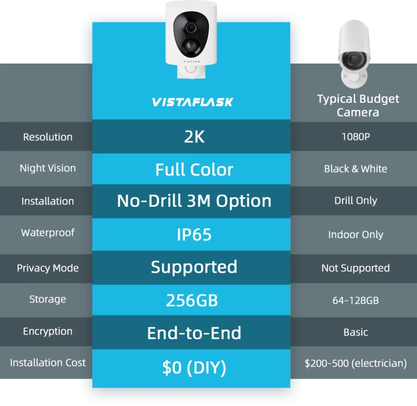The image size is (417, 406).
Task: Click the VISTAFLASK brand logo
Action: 192,102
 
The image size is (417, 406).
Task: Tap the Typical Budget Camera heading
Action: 358,105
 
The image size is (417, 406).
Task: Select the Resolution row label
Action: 48,137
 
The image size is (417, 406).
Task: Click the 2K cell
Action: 194,137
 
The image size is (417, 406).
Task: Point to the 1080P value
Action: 356,137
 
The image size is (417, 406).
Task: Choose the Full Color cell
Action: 194,169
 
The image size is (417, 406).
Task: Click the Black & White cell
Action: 356,169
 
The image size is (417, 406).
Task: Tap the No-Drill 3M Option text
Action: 194,201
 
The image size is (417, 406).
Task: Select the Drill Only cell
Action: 356,200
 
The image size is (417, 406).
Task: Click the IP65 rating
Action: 194,235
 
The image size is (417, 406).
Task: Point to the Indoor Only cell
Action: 356,235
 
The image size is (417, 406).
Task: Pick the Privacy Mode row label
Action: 48,268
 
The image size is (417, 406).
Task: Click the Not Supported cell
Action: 356,268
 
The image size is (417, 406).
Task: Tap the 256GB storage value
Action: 192,301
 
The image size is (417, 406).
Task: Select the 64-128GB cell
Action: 356,301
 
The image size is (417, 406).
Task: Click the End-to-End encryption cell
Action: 194,333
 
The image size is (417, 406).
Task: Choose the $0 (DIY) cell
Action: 194,368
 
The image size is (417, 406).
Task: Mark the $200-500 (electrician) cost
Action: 356,363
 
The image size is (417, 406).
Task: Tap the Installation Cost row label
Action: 48,362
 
